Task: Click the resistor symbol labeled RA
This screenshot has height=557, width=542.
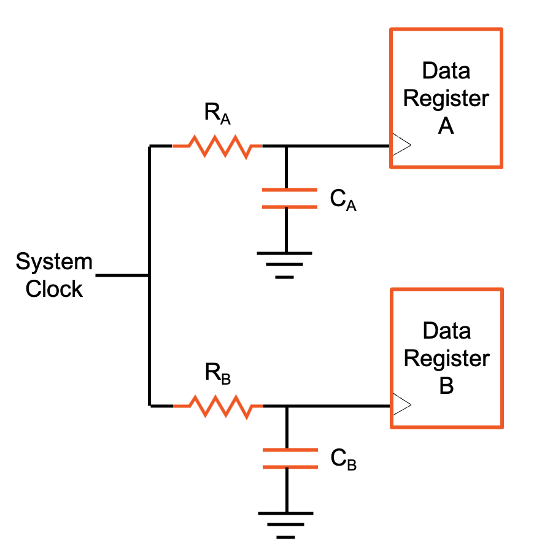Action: pos(217,147)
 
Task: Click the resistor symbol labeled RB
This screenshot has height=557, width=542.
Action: pos(217,406)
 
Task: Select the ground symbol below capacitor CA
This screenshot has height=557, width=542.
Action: pos(285,264)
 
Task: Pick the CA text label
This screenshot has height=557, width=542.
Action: pos(343,200)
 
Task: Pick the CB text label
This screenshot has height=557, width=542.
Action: pos(343,459)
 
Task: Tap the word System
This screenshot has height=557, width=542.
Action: pos(54,262)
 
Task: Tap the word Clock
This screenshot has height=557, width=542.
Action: pos(54,288)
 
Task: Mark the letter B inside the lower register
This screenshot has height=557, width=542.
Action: pos(446,386)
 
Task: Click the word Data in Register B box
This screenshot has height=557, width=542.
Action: pos(446,331)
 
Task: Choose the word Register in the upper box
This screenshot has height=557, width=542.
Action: pos(446,98)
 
